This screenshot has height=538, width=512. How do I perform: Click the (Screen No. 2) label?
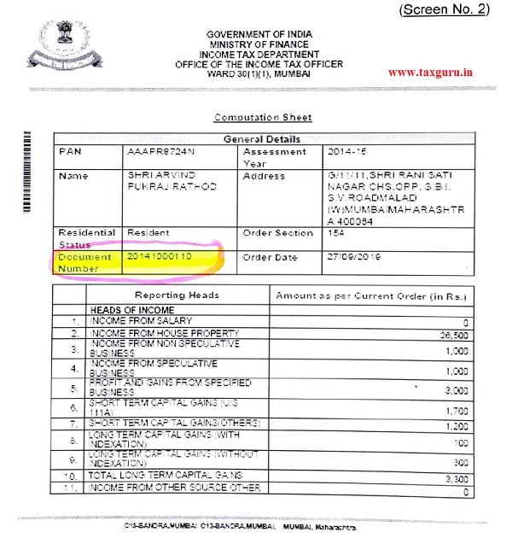(456, 9)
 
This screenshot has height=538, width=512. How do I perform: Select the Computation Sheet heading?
(262, 117)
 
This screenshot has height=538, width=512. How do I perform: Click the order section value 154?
(335, 232)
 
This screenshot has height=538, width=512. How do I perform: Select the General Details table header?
(262, 138)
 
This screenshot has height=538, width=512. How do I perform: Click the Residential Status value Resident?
(148, 232)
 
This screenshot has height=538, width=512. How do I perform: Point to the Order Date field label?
(270, 257)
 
